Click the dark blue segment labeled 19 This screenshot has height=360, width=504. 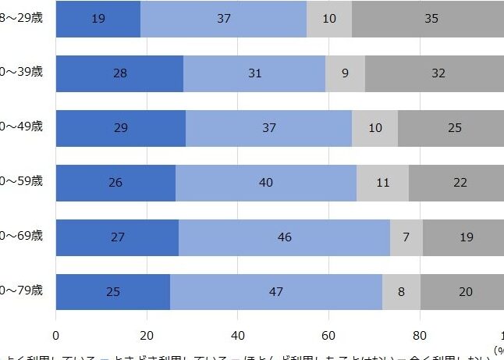click(x=98, y=19)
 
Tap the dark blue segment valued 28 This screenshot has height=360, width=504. click(x=119, y=73)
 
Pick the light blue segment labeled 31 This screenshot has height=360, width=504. click(x=254, y=73)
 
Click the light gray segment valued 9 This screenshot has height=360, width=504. click(x=345, y=73)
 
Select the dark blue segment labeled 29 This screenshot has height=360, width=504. click(x=120, y=128)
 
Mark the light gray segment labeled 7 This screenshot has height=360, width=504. click(x=406, y=237)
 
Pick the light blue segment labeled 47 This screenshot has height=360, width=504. click(x=276, y=292)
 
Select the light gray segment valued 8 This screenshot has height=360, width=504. click(x=402, y=292)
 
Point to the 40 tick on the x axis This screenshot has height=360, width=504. click(x=238, y=336)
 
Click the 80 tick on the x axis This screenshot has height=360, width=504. click(x=421, y=336)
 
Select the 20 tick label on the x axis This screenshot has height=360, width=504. click(x=147, y=336)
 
